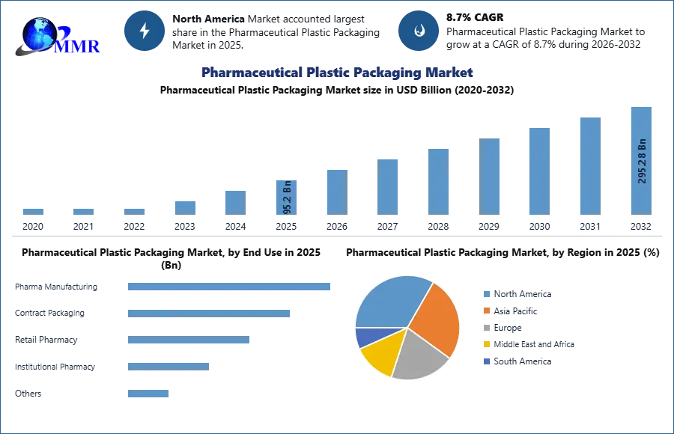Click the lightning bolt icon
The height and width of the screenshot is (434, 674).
click(x=145, y=31)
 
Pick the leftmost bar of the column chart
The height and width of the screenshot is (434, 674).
click(x=33, y=210)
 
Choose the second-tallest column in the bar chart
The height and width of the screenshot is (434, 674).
click(x=589, y=165)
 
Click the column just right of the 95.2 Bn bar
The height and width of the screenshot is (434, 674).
click(x=336, y=192)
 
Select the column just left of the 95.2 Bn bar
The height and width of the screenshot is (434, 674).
click(x=234, y=201)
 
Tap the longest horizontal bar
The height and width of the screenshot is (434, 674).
click(x=230, y=287)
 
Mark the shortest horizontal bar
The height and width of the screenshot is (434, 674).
click(x=149, y=394)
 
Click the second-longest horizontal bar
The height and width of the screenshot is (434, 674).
click(x=210, y=312)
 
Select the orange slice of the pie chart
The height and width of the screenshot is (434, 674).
click(x=435, y=318)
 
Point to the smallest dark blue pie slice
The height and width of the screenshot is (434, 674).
click(x=363, y=337)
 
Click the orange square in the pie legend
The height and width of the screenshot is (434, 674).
click(x=486, y=311)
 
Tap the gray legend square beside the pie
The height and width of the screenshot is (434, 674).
click(x=486, y=328)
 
